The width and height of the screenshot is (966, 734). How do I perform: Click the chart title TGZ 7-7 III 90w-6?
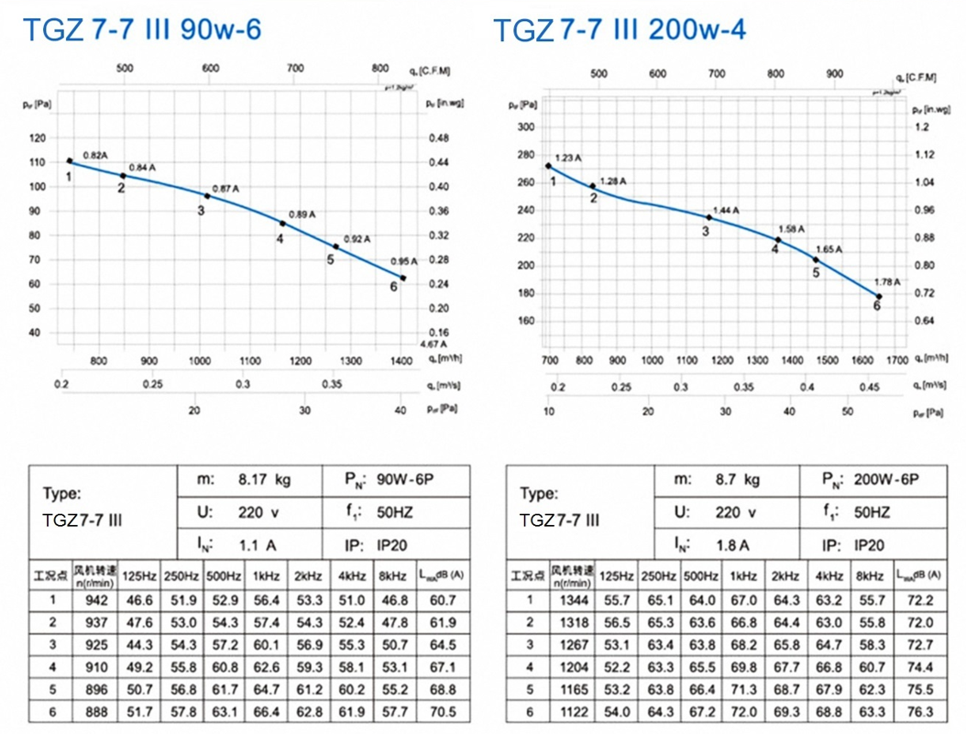point(142,30)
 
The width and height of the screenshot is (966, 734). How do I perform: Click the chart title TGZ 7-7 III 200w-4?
point(620,30)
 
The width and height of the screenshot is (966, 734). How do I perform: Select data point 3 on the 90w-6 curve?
point(207,196)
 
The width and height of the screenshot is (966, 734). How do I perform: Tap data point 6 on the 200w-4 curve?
point(878,297)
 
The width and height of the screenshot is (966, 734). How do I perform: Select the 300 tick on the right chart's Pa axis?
point(525,126)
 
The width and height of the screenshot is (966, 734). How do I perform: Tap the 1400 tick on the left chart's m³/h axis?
point(401,362)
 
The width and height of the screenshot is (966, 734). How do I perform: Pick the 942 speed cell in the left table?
point(95,600)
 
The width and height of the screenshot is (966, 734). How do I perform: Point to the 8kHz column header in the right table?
point(873,575)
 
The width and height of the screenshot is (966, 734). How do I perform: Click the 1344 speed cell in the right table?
point(571,600)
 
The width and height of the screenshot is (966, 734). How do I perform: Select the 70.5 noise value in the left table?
point(443,712)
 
